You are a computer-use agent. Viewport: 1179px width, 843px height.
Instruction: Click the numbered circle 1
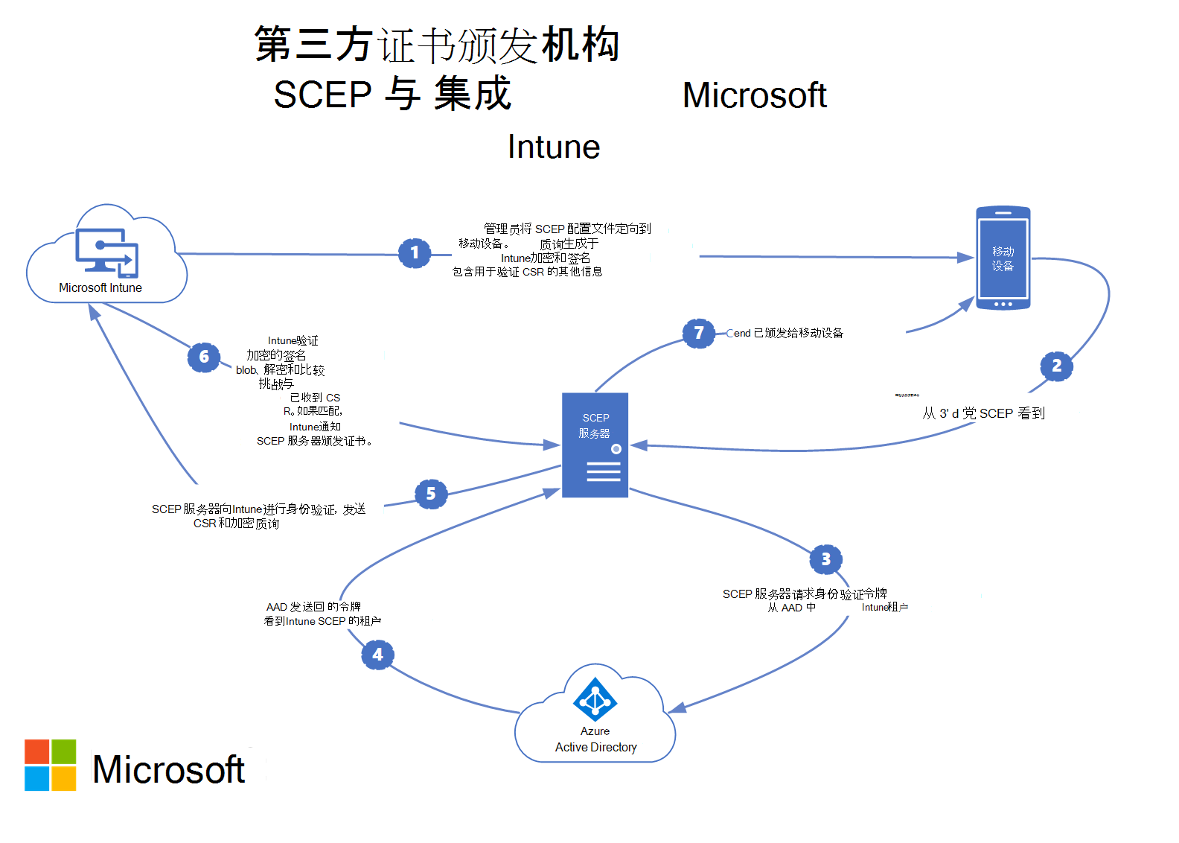415,253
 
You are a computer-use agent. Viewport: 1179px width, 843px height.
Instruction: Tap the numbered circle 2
1056,366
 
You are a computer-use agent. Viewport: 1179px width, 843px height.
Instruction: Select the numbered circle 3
825,559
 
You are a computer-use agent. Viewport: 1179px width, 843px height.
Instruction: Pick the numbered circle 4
377,655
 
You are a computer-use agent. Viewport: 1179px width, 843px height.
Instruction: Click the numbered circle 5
431,494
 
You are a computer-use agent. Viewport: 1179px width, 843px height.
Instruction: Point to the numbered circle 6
204,357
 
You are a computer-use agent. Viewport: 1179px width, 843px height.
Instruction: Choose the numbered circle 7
698,333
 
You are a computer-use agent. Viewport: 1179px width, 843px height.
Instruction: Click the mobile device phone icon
1003,258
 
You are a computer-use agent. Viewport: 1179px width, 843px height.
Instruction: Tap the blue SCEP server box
595,445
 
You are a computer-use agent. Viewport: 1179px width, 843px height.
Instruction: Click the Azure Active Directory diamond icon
595,699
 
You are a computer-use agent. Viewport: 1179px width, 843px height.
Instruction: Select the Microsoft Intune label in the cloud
100,288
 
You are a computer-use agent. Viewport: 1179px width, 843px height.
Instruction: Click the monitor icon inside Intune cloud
106,252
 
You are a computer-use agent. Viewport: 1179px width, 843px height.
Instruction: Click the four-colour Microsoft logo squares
50,765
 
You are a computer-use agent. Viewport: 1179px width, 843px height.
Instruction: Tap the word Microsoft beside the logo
168,769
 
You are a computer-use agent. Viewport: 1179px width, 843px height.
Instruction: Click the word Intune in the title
554,147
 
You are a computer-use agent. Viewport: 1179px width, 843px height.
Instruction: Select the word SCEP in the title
322,95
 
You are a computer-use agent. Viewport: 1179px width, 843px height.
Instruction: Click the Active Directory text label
595,747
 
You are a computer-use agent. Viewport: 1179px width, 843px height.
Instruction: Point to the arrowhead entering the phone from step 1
967,258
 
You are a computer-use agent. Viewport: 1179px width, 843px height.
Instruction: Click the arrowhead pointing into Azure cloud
676,708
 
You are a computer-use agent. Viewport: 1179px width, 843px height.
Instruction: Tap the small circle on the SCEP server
616,449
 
